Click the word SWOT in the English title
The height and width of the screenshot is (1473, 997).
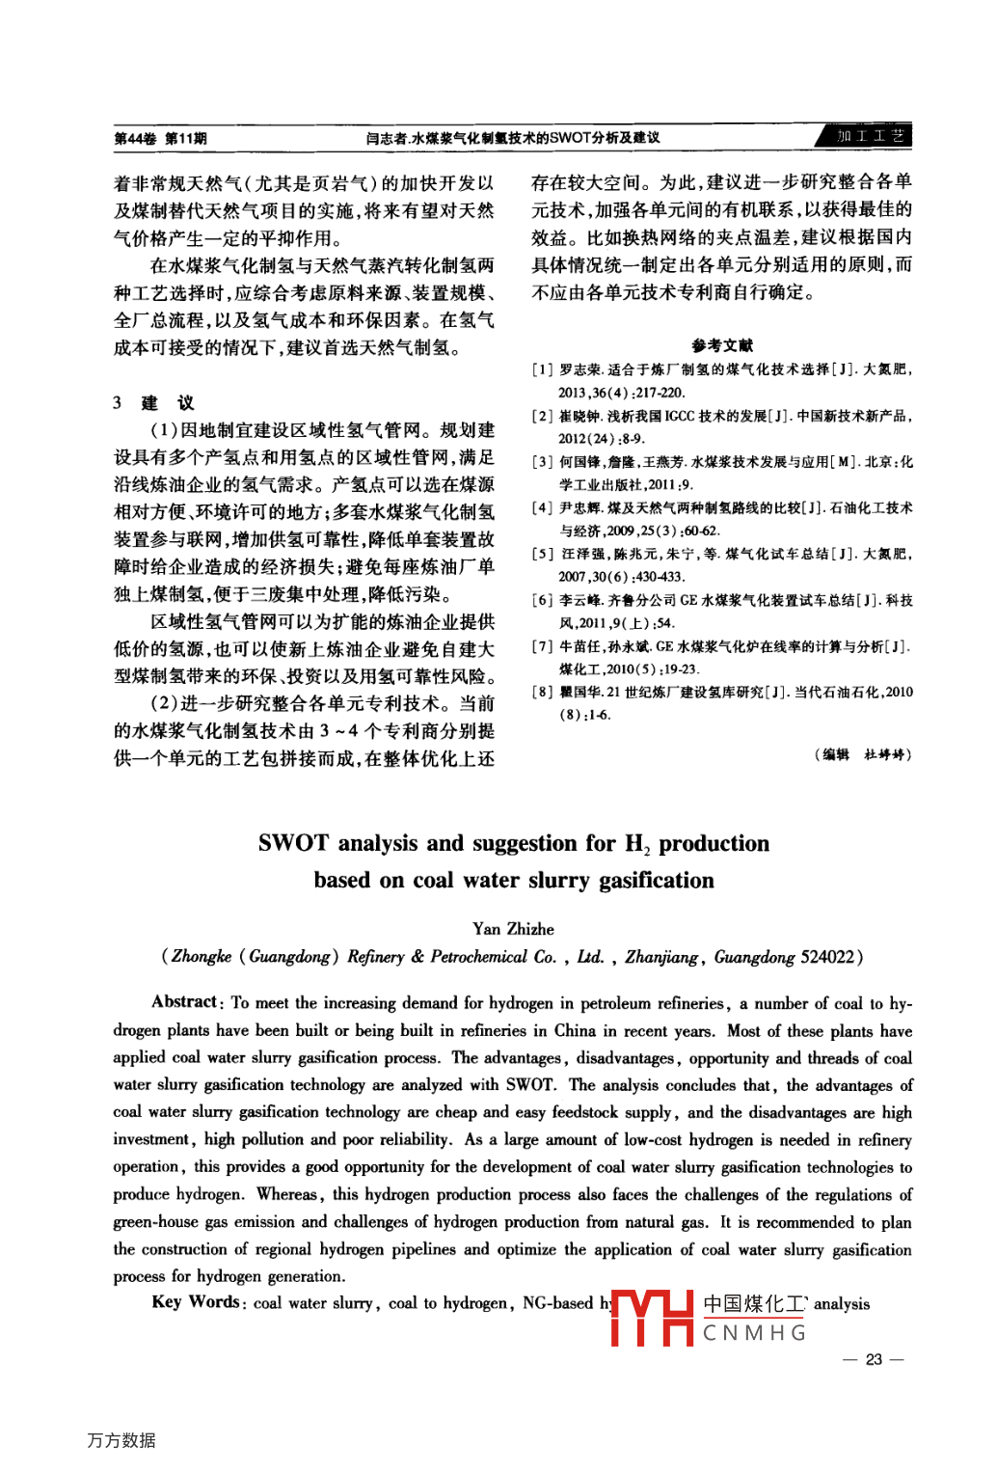293,843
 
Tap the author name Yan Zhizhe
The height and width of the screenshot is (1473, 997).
513,928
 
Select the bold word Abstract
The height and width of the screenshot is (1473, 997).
184,1001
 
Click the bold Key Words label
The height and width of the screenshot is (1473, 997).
196,1301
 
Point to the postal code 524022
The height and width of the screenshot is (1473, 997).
827,957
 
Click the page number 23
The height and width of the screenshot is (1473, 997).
874,1359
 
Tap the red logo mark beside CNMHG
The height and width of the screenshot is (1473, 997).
651,1318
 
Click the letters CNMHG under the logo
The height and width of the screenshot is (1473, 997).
754,1333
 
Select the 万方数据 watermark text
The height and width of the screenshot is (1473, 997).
121,1440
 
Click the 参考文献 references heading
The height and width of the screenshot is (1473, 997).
722,345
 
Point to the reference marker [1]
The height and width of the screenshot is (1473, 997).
543,369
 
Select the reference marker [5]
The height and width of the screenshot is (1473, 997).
543,554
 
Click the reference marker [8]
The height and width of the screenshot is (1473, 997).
543,692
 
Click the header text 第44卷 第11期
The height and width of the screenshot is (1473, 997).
161,138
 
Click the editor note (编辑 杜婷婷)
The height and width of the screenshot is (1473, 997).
862,754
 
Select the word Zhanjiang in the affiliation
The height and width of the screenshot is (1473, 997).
661,957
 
